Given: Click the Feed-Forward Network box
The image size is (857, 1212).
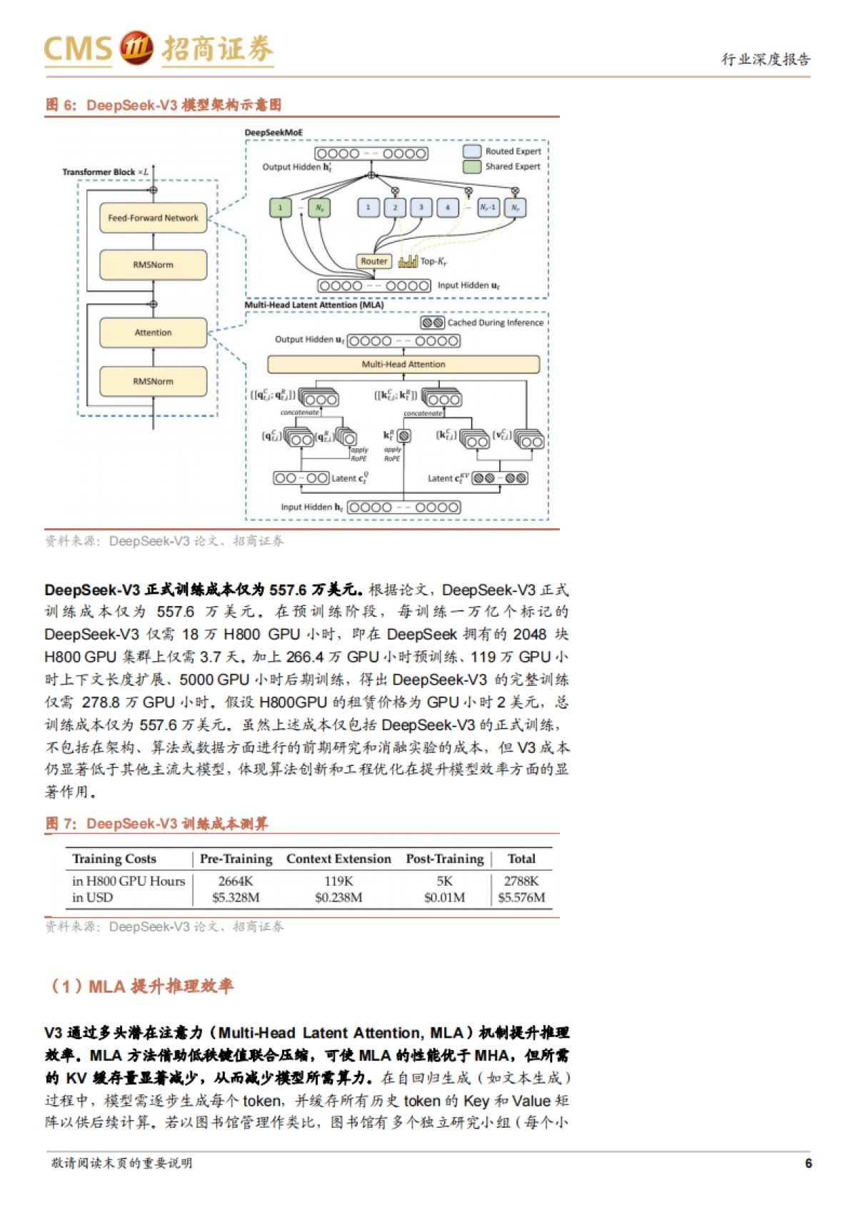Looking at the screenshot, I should tap(153, 218).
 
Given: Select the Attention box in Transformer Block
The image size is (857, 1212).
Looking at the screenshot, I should tap(153, 333).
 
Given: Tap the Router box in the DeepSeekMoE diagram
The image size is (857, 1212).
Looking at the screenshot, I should tap(374, 261).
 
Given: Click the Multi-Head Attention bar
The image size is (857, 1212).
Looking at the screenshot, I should tap(404, 364).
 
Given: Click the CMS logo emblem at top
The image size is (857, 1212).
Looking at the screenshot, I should tap(136, 48).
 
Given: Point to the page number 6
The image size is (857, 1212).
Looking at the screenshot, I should tap(808, 1163).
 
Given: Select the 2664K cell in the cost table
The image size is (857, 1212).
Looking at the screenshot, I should tap(236, 881).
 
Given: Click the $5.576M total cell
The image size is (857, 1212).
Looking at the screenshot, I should tap(521, 897).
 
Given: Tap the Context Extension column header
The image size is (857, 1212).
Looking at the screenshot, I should tap(339, 859).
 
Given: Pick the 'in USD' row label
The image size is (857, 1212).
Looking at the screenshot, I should tap(92, 897).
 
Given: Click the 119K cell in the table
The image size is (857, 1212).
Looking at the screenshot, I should tap(339, 881).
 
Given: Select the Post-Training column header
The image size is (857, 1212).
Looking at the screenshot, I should tap(444, 859).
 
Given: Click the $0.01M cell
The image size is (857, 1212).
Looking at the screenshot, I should tap(444, 897).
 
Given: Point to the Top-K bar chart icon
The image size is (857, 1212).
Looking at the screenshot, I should tap(408, 261).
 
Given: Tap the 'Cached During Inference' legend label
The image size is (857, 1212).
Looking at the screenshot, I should tap(495, 323).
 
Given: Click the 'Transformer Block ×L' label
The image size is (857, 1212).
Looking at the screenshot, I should tap(105, 172).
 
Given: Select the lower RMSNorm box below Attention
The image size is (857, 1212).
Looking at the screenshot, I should tap(153, 381).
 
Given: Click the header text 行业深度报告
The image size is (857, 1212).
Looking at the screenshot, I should tap(766, 59).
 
